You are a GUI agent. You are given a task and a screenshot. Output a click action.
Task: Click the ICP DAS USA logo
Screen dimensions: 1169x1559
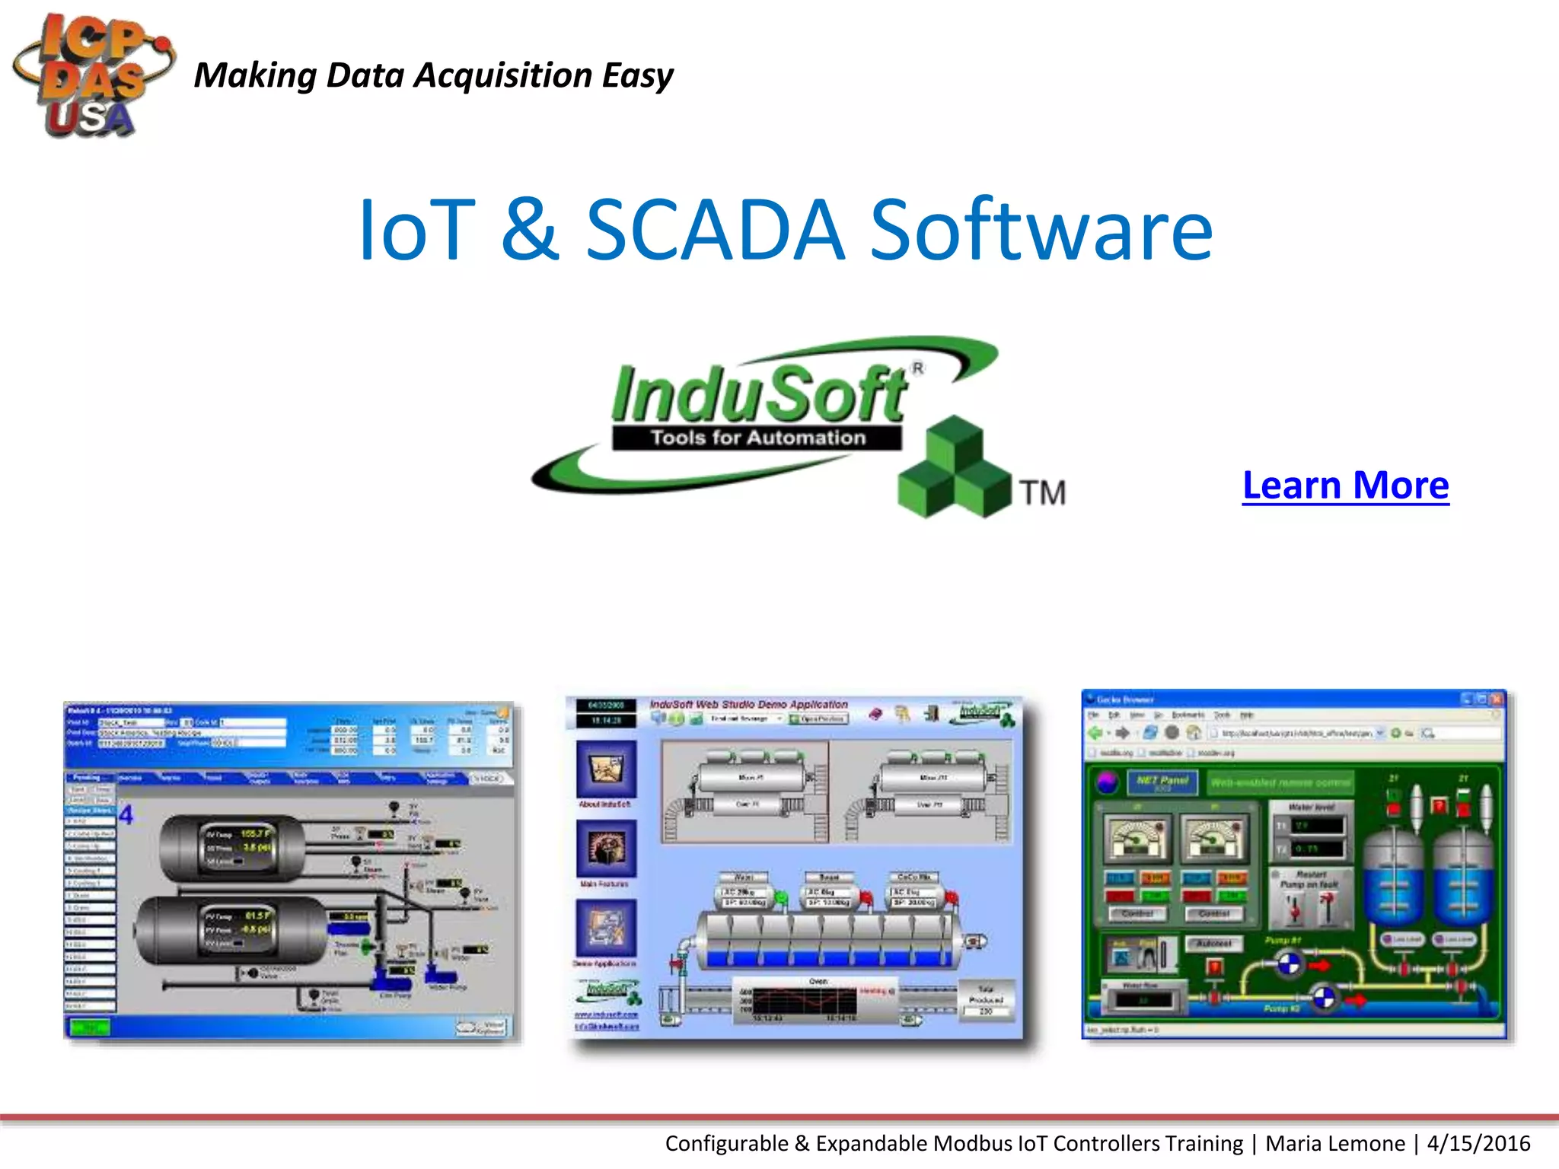[x=91, y=76]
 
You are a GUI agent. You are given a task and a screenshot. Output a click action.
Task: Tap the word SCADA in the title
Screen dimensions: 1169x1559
[x=715, y=230]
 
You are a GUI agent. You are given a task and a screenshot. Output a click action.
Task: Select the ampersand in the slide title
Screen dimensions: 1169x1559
[x=530, y=230]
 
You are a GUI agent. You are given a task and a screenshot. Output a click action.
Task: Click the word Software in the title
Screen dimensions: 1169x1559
[x=1041, y=230]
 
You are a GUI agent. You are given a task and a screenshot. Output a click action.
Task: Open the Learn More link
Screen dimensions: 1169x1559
[x=1345, y=486]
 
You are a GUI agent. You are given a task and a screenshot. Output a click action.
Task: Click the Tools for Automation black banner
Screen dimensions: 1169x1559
[x=757, y=438]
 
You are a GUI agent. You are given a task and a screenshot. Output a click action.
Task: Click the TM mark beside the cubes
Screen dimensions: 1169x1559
[x=1042, y=493]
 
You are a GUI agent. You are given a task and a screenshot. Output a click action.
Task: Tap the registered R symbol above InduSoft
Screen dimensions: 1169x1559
[x=919, y=368]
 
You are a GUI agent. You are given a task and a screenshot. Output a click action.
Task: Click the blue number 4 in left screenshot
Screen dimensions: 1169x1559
[x=126, y=815]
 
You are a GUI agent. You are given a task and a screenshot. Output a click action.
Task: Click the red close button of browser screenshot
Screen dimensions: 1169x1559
[x=1497, y=699]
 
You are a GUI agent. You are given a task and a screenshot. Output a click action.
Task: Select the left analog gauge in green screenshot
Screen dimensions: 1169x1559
[x=1137, y=837]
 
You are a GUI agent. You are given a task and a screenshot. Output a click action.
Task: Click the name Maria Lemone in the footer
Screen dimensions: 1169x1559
[x=1334, y=1143]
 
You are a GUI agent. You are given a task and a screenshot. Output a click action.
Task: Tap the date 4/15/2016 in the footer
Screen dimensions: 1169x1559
[x=1478, y=1143]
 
